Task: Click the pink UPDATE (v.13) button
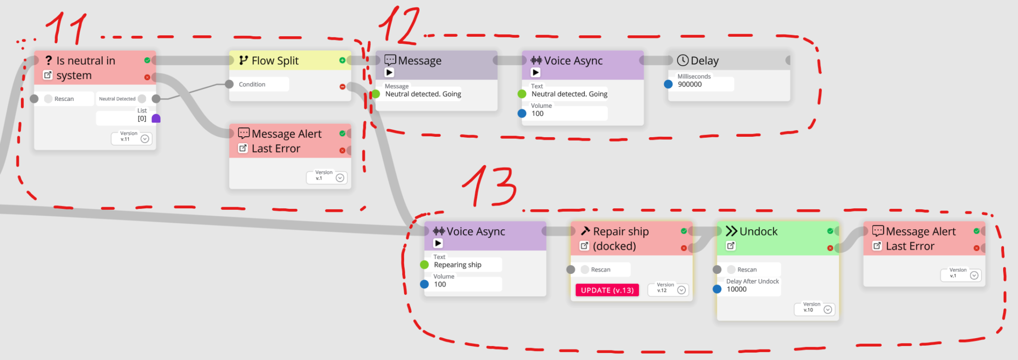tap(607, 290)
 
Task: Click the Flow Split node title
tap(275, 61)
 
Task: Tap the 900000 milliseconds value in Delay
tap(690, 85)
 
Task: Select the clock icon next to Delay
tap(682, 60)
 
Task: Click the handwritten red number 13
tap(490, 186)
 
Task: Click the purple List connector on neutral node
tap(156, 118)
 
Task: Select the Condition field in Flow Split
tap(252, 85)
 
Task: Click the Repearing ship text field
tap(457, 265)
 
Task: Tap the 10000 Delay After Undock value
tap(737, 289)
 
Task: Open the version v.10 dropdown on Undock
tap(828, 310)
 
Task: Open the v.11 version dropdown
tap(145, 139)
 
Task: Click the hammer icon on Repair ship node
tap(585, 231)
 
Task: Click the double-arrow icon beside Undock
tap(731, 231)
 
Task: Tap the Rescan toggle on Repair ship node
tap(585, 270)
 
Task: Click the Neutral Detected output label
tap(117, 99)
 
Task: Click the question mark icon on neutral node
tap(48, 60)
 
